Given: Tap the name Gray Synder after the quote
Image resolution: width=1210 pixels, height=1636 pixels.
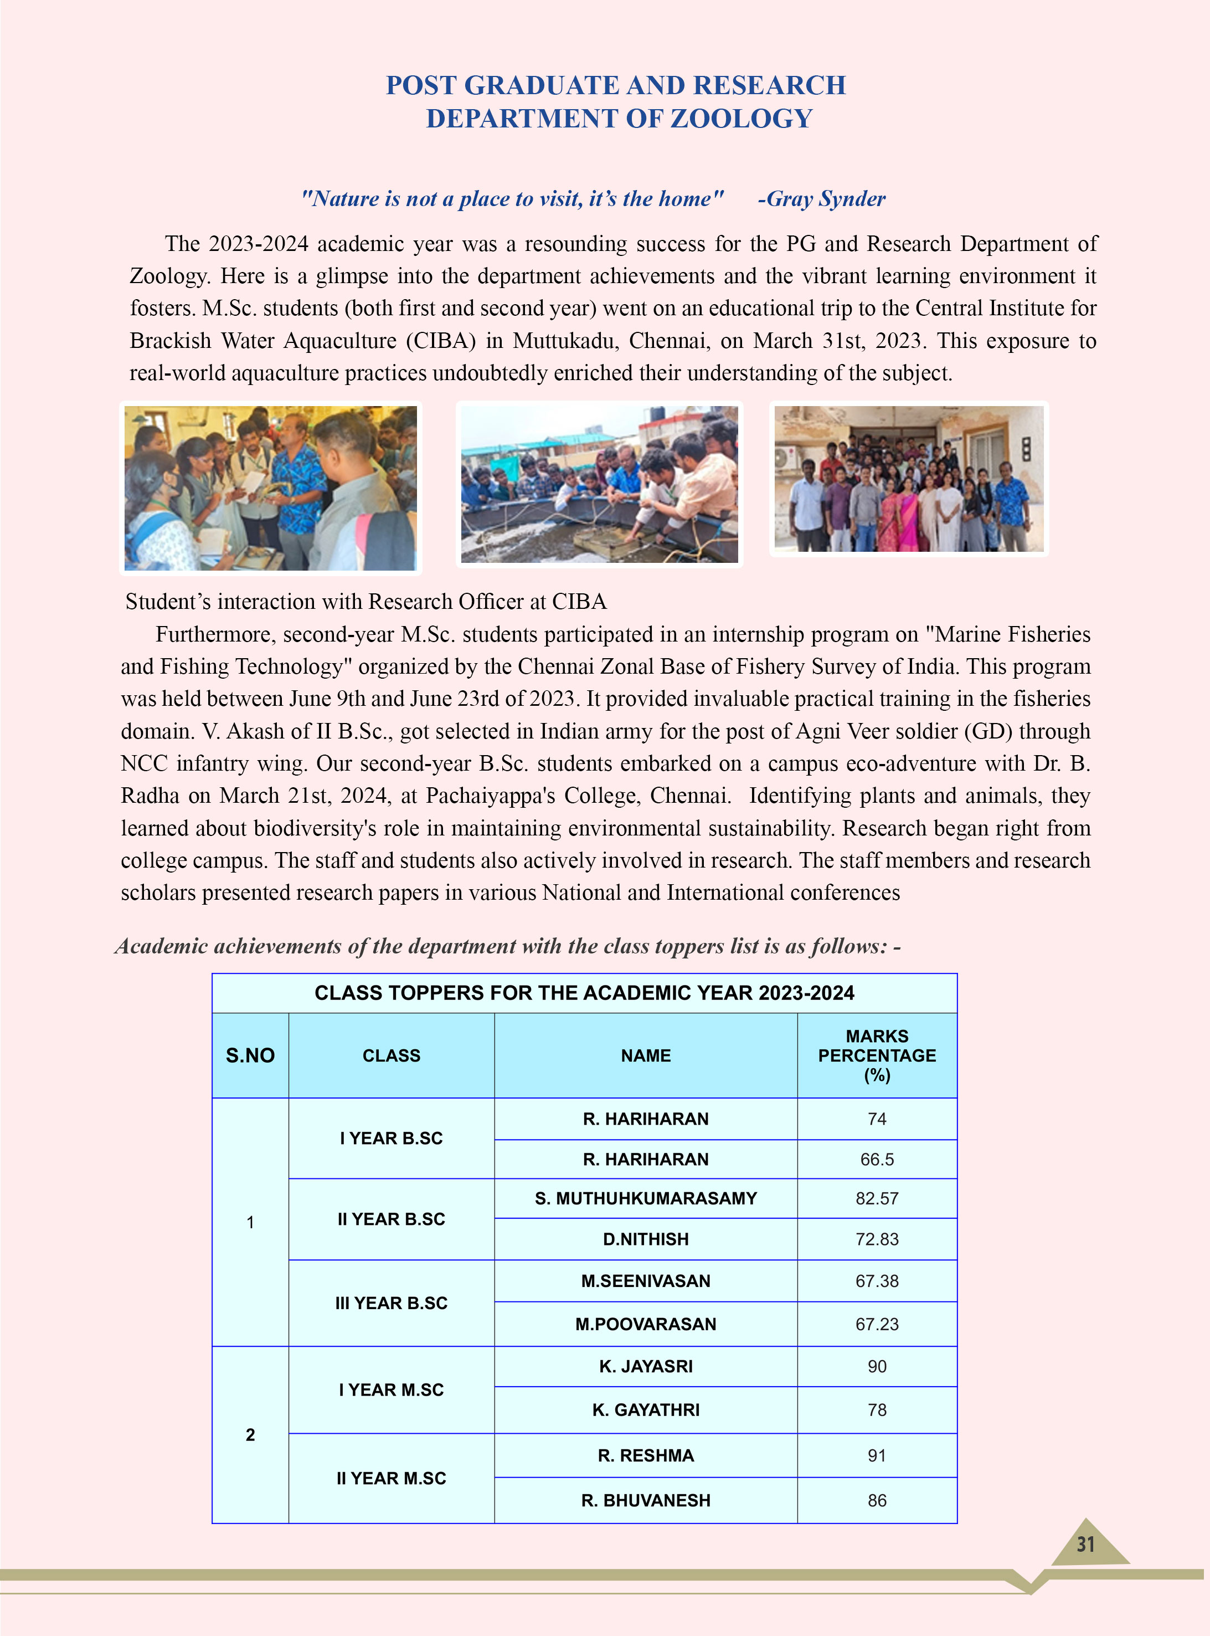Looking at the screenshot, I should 822,198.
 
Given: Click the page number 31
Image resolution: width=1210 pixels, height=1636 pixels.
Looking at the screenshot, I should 1085,1545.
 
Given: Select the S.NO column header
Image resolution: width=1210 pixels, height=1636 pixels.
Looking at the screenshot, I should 250,1056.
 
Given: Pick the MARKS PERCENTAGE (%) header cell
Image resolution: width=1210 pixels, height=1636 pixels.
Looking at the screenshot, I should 877,1056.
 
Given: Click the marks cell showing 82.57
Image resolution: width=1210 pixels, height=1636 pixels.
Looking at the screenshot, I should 877,1199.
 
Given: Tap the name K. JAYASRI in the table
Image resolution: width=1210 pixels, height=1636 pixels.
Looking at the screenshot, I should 645,1366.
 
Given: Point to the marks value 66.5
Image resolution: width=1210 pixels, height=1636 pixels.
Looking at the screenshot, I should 877,1160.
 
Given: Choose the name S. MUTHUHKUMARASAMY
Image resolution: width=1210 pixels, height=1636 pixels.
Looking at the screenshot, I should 645,1199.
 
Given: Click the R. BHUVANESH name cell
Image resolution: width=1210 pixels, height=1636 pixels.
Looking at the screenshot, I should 645,1500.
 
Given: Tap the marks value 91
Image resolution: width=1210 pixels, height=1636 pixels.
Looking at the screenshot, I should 877,1456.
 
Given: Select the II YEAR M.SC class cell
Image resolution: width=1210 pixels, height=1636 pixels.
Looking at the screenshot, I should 391,1479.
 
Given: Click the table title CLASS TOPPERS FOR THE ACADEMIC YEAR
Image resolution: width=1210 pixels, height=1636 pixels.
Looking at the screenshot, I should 584,993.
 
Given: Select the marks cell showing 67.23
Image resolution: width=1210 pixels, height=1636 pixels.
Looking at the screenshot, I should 877,1324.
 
